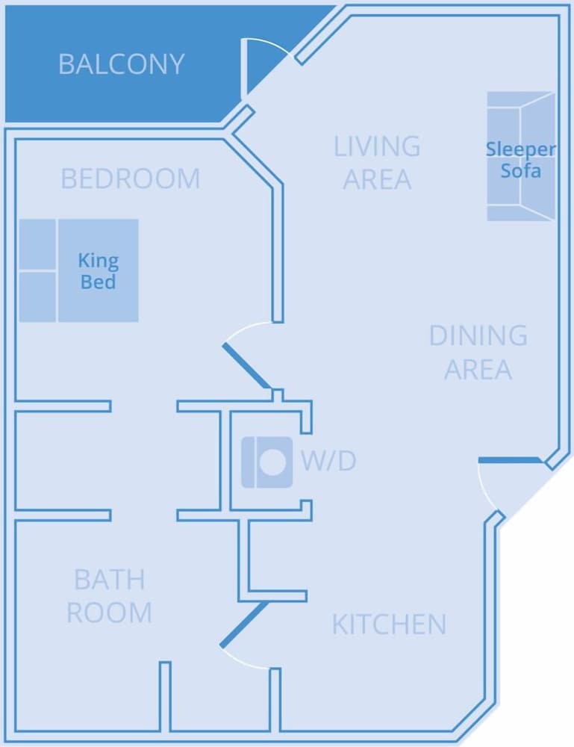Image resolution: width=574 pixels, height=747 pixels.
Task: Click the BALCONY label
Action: pyautogui.click(x=121, y=64)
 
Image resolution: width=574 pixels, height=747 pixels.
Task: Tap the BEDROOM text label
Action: pyautogui.click(x=131, y=179)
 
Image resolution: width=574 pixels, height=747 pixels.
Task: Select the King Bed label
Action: pyautogui.click(x=98, y=271)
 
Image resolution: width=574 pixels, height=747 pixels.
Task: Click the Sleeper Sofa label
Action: pyautogui.click(x=521, y=159)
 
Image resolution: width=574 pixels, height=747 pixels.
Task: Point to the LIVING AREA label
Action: pyautogui.click(x=377, y=163)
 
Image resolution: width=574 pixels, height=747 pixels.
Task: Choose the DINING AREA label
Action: pyautogui.click(x=478, y=353)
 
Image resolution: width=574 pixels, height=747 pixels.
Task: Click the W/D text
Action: pyautogui.click(x=328, y=462)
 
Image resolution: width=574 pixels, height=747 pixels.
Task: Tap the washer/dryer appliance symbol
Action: pyautogui.click(x=267, y=462)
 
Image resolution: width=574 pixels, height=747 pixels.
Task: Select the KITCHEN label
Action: pyautogui.click(x=389, y=624)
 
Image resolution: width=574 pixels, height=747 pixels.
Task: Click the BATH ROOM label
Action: pyautogui.click(x=110, y=596)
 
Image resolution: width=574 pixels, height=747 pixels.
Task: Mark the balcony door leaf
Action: pyautogui.click(x=243, y=69)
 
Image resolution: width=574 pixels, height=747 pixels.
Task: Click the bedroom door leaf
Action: pyautogui.click(x=246, y=366)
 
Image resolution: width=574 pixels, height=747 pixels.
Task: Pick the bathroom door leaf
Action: pyautogui.click(x=244, y=624)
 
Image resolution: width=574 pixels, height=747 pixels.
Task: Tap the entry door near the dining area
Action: pyautogui.click(x=509, y=460)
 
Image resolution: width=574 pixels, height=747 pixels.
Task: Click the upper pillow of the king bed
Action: pyautogui.click(x=37, y=244)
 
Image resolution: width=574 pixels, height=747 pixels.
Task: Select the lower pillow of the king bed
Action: pyautogui.click(x=37, y=297)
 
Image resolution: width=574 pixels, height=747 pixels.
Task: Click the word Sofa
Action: pyautogui.click(x=521, y=170)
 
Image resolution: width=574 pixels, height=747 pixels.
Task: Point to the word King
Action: pyautogui.click(x=98, y=261)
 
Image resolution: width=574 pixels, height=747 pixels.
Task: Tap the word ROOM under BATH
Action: pyautogui.click(x=110, y=613)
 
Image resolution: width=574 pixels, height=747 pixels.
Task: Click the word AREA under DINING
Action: pyautogui.click(x=478, y=370)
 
